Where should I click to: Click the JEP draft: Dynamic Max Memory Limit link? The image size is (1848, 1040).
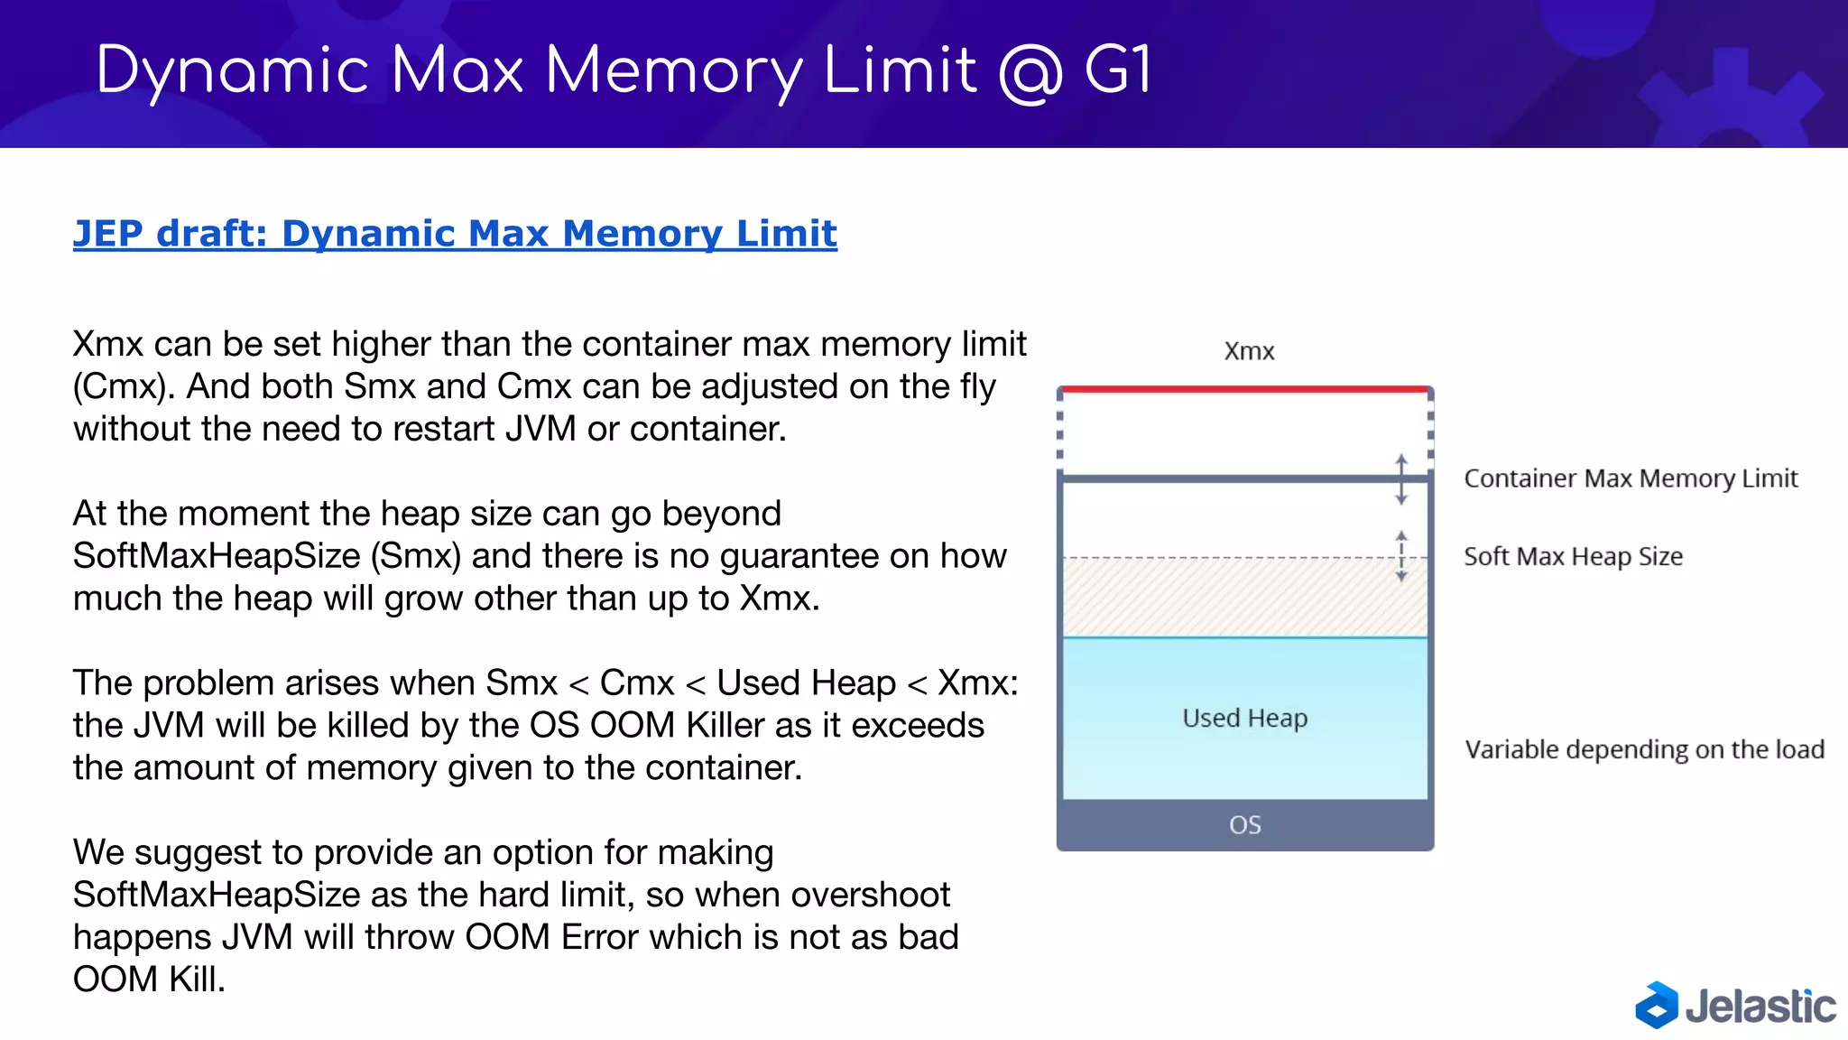coord(455,234)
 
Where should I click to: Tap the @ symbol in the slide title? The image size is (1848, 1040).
coord(1030,71)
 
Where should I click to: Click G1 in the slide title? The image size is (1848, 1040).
coord(1117,70)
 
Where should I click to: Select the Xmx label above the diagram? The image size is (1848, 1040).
coord(1249,351)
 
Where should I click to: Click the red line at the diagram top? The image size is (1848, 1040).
coord(1245,389)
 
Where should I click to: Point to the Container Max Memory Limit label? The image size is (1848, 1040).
coord(1631,478)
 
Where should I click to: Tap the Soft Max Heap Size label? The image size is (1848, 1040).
coord(1573,556)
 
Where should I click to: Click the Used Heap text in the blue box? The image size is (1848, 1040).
coord(1244,719)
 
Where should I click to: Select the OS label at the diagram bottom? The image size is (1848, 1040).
coord(1245,825)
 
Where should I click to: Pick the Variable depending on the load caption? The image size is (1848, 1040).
coord(1644,749)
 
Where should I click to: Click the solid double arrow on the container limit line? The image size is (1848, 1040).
coord(1401,479)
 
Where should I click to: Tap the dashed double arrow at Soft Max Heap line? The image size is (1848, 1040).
coord(1401,556)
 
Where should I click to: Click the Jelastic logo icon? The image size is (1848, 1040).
coord(1656,1005)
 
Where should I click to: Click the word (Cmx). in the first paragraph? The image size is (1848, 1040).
coord(125,386)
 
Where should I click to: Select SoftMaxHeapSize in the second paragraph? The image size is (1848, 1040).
coord(217,556)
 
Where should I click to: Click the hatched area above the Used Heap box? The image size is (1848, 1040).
coord(1245,598)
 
